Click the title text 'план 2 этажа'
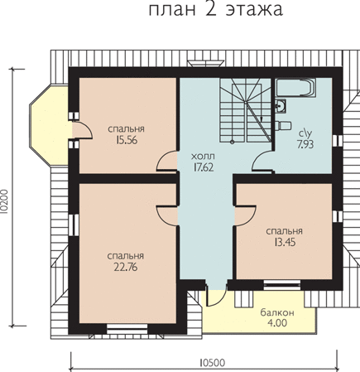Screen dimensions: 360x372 click(216, 10)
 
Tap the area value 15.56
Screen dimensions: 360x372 click(127, 140)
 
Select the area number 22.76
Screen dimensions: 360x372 click(126, 267)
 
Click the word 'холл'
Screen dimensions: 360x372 click(203, 157)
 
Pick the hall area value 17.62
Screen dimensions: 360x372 click(204, 167)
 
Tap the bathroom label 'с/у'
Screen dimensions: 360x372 click(305, 134)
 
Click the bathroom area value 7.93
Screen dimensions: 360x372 click(305, 144)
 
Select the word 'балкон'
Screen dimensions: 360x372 click(277, 312)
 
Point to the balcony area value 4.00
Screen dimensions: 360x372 click(277, 322)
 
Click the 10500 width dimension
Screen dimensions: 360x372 click(212, 363)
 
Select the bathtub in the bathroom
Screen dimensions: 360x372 click(295, 88)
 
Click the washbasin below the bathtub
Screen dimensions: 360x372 click(281, 105)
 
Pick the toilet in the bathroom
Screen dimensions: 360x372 click(283, 125)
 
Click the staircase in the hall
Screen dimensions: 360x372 click(245, 110)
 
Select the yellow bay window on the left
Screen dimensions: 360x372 click(49, 126)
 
